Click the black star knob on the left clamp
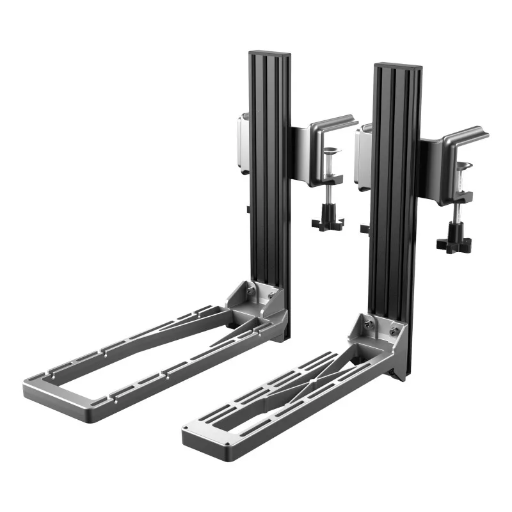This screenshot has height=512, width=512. click(328, 222)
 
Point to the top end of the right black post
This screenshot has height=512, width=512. click(397, 66)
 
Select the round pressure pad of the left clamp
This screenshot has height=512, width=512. click(333, 152)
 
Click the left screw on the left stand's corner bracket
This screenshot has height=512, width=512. click(250, 291)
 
